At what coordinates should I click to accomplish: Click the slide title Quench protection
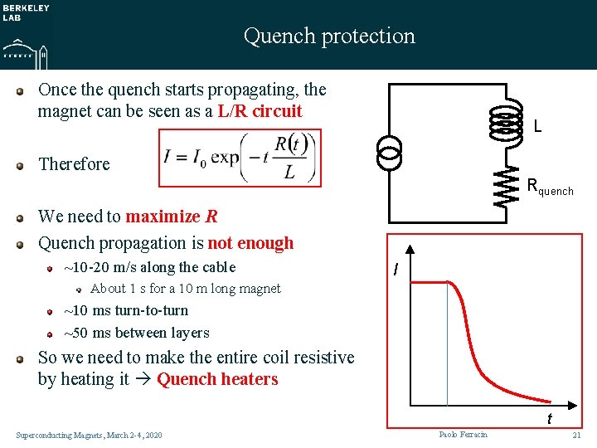[329, 36]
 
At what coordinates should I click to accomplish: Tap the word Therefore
[74, 163]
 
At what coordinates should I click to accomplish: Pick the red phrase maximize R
[172, 217]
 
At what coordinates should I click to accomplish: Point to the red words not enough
[250, 243]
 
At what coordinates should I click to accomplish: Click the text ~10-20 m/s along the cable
[150, 267]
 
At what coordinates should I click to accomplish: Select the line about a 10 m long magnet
[185, 289]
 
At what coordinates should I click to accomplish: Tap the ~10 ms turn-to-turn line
[126, 310]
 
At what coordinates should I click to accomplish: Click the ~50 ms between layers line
[137, 333]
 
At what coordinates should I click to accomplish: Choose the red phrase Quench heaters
[217, 379]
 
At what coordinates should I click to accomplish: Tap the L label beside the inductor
[538, 127]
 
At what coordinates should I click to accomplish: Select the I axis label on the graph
[397, 270]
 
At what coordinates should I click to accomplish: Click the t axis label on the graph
[549, 419]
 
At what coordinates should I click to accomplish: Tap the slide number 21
[577, 436]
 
